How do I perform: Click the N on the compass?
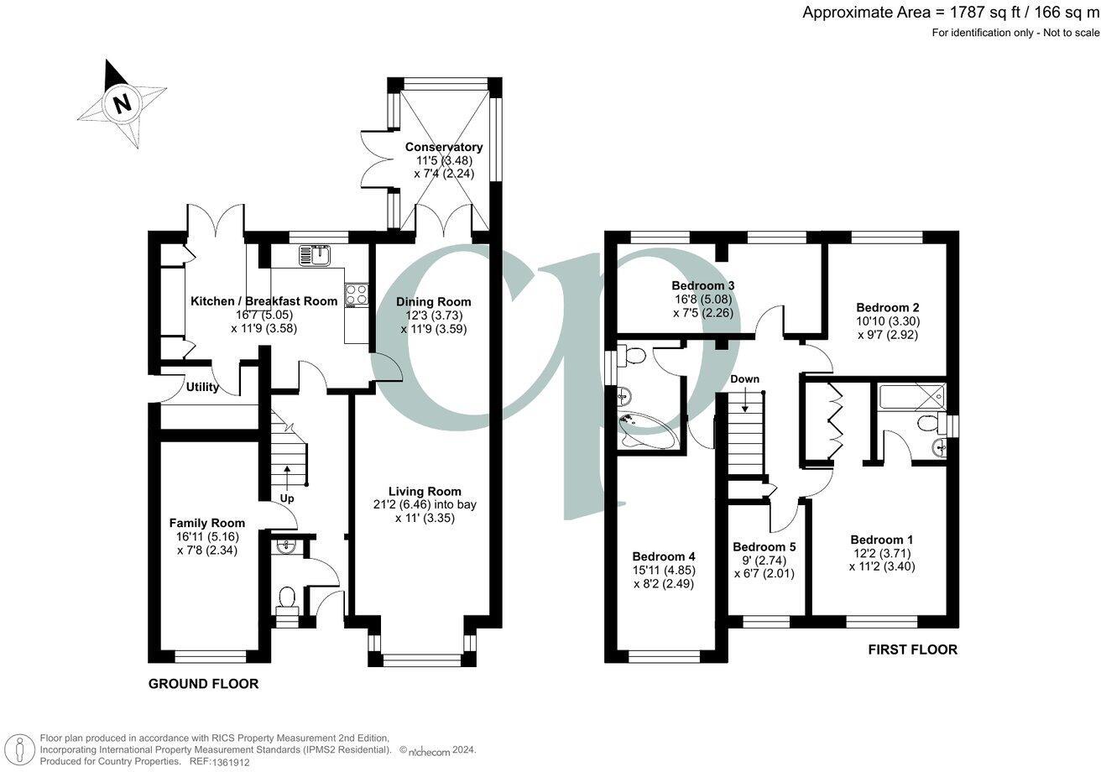pyautogui.click(x=122, y=104)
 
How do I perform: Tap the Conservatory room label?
pyautogui.click(x=443, y=147)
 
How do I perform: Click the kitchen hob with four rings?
pyautogui.click(x=357, y=295)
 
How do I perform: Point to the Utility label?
pyautogui.click(x=202, y=387)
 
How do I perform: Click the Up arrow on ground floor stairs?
pyautogui.click(x=286, y=476)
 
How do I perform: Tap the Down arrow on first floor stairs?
pyautogui.click(x=746, y=400)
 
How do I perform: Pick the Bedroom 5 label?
pyautogui.click(x=764, y=547)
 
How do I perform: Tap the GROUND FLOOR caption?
pyautogui.click(x=203, y=684)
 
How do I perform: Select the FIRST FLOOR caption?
pyautogui.click(x=913, y=649)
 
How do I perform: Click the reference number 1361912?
pyautogui.click(x=231, y=762)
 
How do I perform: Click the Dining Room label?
pyautogui.click(x=434, y=302)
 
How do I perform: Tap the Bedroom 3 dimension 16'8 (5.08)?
pyautogui.click(x=703, y=300)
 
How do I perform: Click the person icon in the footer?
pyautogui.click(x=19, y=750)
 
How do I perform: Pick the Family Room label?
pyautogui.click(x=207, y=523)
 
